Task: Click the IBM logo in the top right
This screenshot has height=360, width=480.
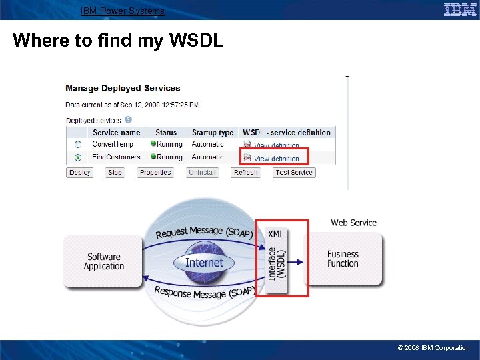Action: [x=459, y=9]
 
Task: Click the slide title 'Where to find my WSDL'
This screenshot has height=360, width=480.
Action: [x=118, y=41]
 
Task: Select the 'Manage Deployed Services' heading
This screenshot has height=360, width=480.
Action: [x=123, y=88]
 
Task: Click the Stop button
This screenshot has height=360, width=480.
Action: [x=115, y=172]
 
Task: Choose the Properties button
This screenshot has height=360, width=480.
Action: [x=155, y=172]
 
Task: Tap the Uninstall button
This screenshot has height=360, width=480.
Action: [x=202, y=172]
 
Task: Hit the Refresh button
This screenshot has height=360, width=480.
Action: [x=245, y=172]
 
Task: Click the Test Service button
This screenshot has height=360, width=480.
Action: [x=294, y=172]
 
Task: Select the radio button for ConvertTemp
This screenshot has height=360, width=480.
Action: [x=78, y=144]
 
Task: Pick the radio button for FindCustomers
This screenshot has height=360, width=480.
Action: [x=78, y=157]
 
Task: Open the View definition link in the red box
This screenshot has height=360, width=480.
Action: [x=276, y=159]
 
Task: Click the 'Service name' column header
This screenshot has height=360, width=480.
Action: [x=116, y=132]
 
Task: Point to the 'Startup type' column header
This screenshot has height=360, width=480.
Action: [x=213, y=132]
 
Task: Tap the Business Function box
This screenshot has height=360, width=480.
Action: [x=343, y=259]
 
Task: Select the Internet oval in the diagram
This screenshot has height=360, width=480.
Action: [x=204, y=263]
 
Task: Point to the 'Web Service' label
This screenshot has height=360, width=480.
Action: [x=353, y=223]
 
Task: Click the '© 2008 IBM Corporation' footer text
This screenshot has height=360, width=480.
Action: [x=433, y=347]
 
